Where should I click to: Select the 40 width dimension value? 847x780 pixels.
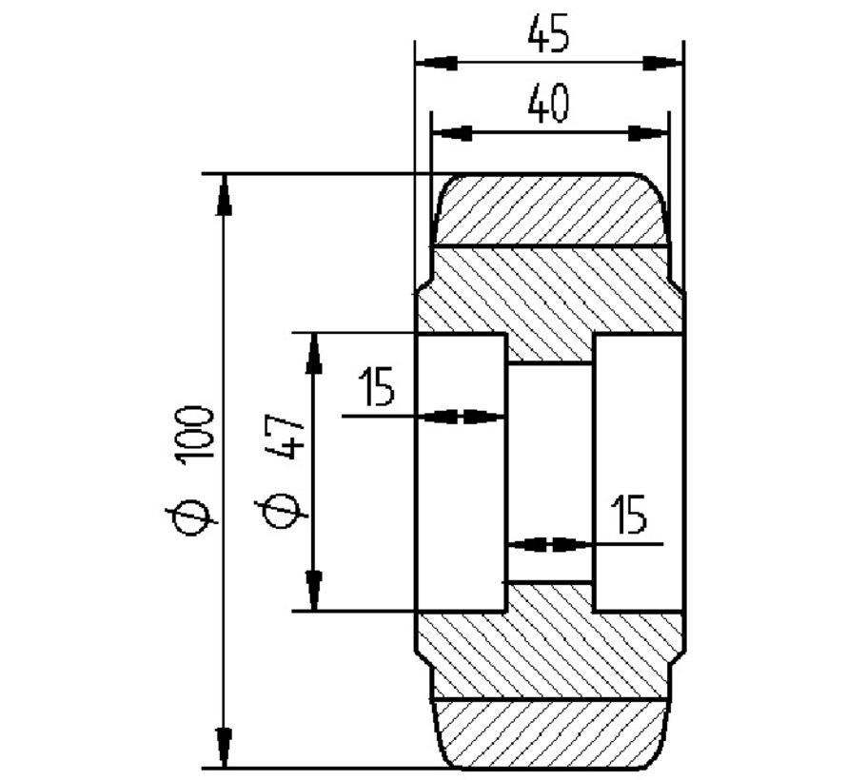[549, 104]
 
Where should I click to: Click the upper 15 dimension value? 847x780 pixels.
[378, 389]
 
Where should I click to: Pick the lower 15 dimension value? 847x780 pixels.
[628, 515]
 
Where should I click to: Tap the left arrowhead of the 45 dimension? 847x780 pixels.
[434, 64]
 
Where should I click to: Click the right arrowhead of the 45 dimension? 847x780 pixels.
[663, 64]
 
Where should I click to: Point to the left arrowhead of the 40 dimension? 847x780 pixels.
[451, 133]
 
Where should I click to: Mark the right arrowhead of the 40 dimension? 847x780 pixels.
[648, 133]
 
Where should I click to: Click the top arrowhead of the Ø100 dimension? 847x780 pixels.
[224, 194]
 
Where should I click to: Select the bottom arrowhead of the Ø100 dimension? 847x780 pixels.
[224, 747]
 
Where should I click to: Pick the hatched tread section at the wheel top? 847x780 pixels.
[550, 210]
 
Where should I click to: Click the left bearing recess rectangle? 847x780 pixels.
[461, 473]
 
